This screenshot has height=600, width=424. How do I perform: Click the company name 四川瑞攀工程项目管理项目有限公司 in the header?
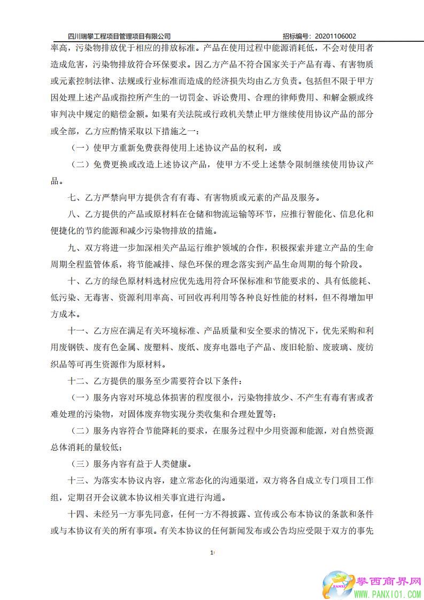pos(120,36)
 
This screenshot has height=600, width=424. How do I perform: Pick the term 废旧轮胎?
pos(298,348)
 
